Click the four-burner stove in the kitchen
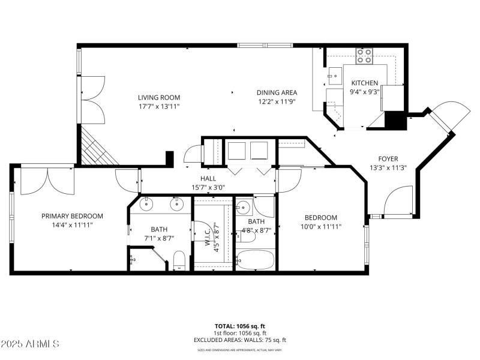point(364,56)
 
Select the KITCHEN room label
point(364,83)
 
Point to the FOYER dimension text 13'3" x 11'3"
point(388,168)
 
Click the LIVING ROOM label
point(158,97)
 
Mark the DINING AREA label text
point(277,92)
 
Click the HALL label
point(208,179)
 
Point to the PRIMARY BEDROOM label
point(72,217)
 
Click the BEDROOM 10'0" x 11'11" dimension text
point(320,226)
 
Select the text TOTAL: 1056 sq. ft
point(240,326)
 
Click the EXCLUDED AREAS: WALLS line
point(240,340)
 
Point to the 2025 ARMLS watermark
point(30,344)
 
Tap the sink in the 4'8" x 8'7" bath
point(243,209)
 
